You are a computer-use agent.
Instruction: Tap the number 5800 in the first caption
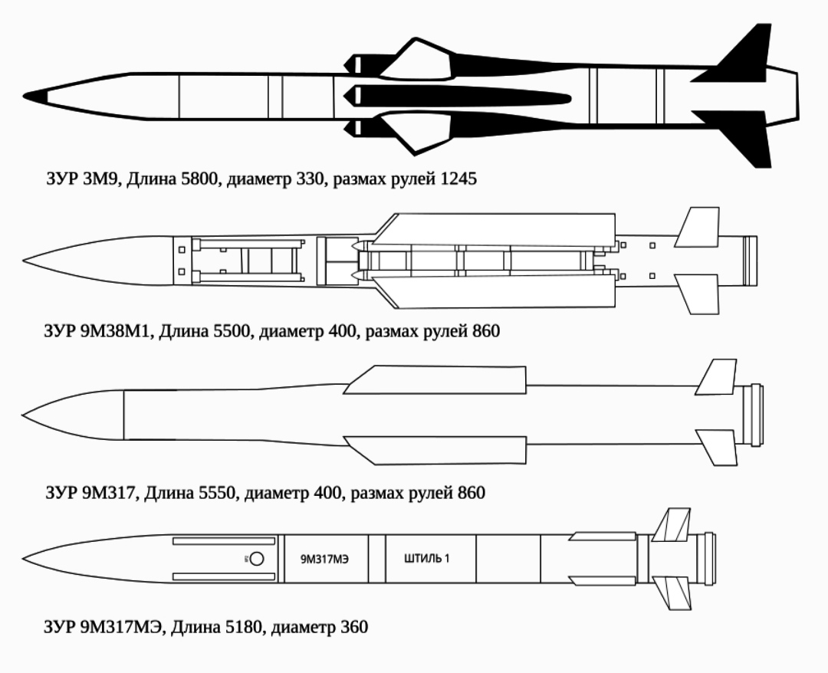(x=199, y=179)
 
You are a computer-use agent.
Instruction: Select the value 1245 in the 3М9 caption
(x=458, y=179)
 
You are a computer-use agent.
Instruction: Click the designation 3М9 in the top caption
(x=102, y=179)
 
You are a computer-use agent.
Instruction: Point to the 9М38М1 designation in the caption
(x=116, y=331)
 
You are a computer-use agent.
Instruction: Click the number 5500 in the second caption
(x=231, y=331)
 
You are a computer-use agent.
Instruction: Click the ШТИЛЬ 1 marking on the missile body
(x=427, y=559)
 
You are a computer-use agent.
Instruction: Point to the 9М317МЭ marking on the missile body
(x=325, y=559)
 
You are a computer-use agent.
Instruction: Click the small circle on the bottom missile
(x=257, y=559)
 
